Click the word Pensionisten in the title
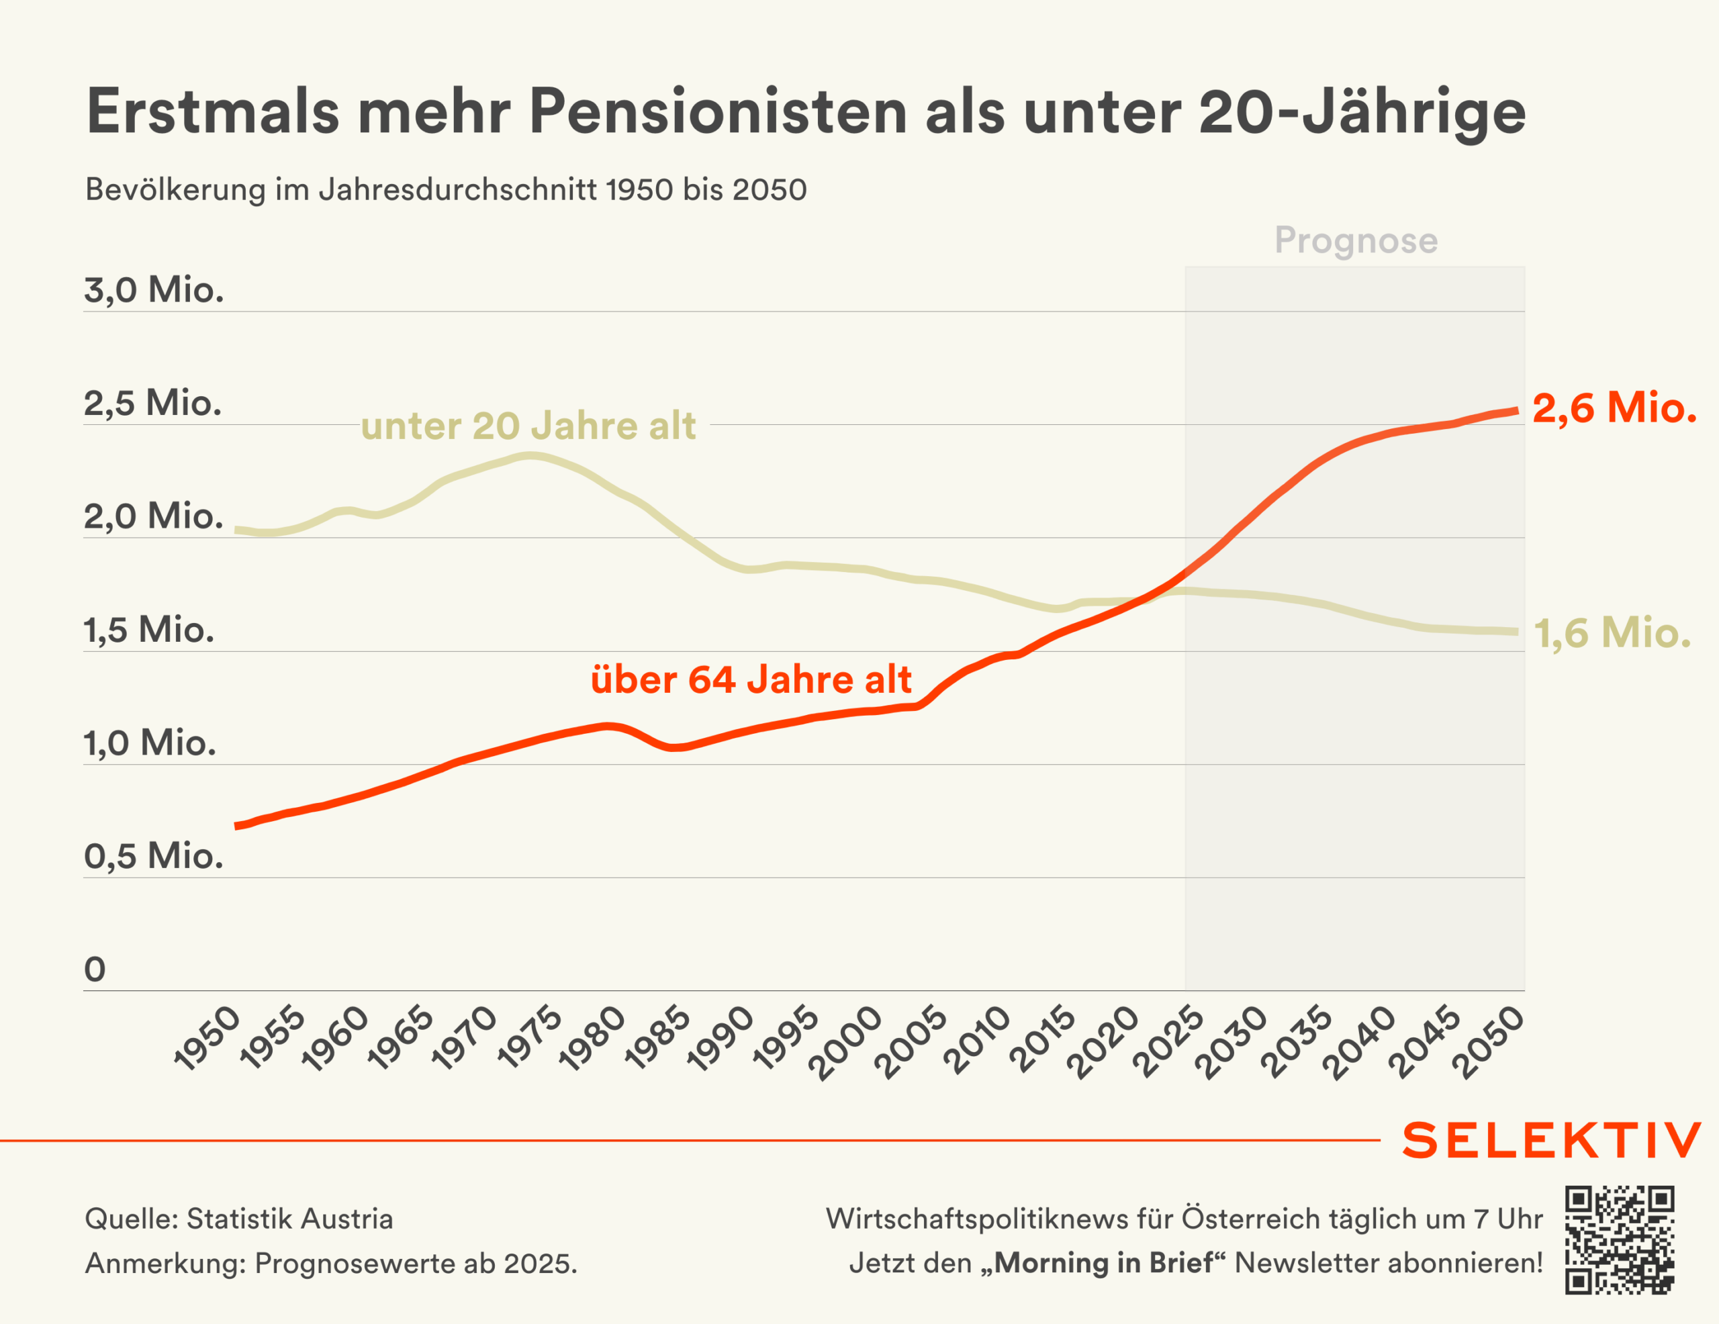tap(717, 111)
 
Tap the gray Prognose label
tap(1355, 240)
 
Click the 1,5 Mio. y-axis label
tap(149, 630)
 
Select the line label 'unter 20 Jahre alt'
tap(528, 426)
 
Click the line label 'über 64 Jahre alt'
tap(751, 679)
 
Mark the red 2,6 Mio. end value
tap(1614, 408)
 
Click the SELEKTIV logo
tap(1550, 1141)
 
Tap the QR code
tap(1619, 1240)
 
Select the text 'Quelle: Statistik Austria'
tap(238, 1219)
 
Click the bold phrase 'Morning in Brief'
tap(1103, 1263)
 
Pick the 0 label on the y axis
tap(95, 969)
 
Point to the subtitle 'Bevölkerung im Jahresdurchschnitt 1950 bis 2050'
tap(445, 190)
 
